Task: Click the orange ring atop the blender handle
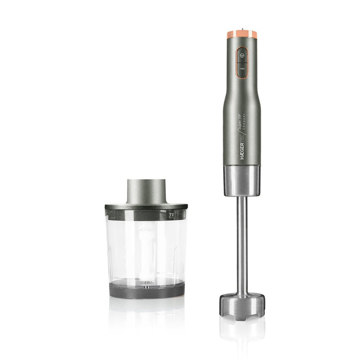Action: pyautogui.click(x=241, y=34)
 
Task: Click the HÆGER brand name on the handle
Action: pyautogui.click(x=241, y=153)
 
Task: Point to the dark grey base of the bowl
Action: pyautogui.click(x=146, y=290)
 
